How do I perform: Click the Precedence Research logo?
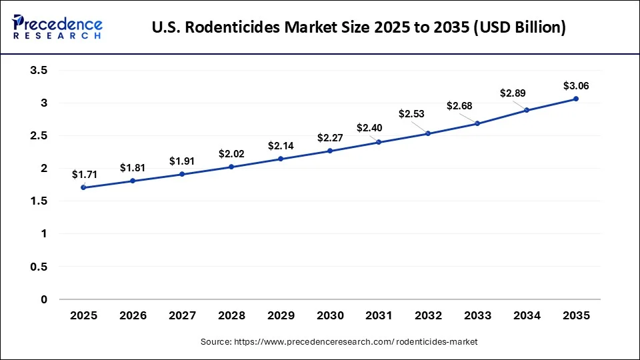tap(57, 27)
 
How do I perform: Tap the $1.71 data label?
tap(85, 175)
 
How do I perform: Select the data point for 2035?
tap(576, 99)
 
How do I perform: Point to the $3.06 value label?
tap(576, 86)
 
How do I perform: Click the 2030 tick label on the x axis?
tap(330, 315)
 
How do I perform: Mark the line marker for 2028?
tap(231, 167)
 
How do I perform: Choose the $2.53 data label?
tap(412, 114)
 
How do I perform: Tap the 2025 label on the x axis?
tap(83, 315)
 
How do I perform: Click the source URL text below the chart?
tap(339, 341)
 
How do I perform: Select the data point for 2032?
tap(428, 133)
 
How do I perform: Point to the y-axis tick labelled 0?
tap(45, 299)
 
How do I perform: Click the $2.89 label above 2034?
tap(513, 93)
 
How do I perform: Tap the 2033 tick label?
tap(477, 315)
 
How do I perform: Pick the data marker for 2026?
tap(133, 181)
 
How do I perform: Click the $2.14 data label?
tap(281, 145)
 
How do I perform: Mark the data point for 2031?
tap(379, 142)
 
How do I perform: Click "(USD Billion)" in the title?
tap(522, 27)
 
